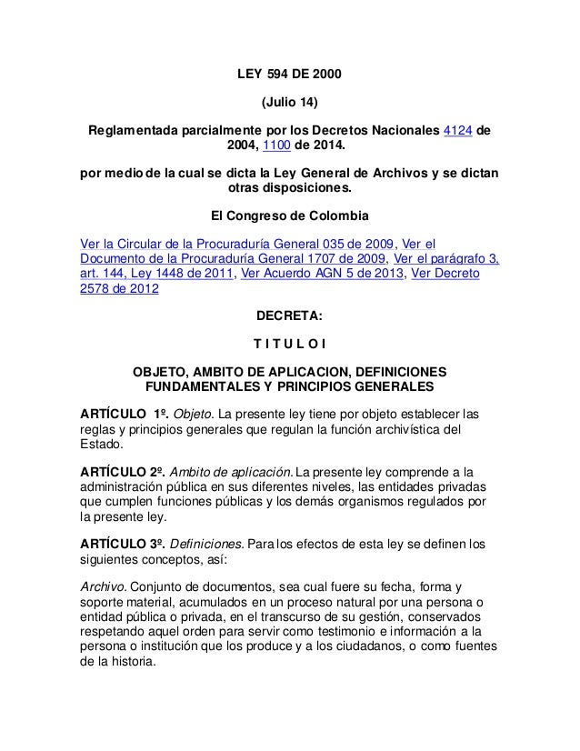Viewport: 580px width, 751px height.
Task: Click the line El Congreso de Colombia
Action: (290, 218)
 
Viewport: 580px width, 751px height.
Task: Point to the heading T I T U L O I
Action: (290, 345)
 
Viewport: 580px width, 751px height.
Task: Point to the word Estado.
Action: (100, 446)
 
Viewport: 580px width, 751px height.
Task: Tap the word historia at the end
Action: (131, 663)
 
